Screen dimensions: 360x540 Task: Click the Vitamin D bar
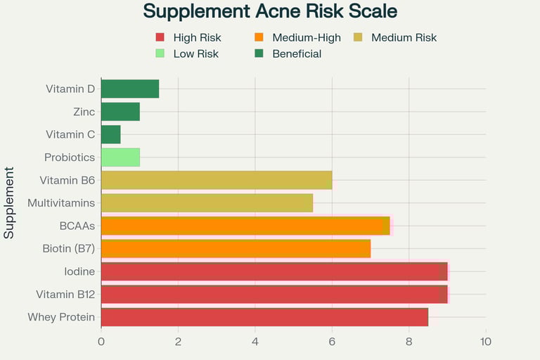point(130,89)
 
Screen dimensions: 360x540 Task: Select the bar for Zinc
point(120,111)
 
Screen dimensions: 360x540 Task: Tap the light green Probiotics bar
point(120,157)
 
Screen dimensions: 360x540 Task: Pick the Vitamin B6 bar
point(217,180)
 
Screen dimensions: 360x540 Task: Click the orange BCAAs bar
point(245,226)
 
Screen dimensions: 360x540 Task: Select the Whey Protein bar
point(264,317)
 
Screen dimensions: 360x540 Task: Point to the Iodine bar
point(274,271)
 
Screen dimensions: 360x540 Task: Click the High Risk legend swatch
point(160,38)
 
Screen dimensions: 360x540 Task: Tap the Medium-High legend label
point(307,38)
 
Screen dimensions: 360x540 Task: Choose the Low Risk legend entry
point(195,54)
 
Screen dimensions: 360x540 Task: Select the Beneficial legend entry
point(297,54)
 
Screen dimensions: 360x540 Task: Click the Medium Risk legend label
point(404,38)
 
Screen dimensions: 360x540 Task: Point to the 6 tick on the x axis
point(332,342)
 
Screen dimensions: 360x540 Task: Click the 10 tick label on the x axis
point(485,342)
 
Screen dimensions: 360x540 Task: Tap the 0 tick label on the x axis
point(101,342)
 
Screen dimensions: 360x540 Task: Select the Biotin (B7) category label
point(69,248)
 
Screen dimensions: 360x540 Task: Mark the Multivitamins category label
point(61,203)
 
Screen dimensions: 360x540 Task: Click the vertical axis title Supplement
point(9,202)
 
